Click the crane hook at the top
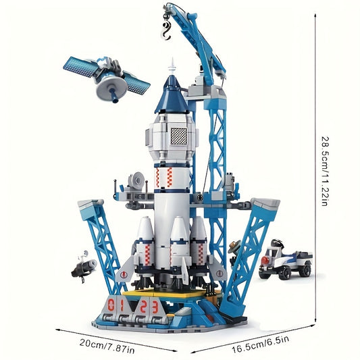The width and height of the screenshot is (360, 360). (x=165, y=30)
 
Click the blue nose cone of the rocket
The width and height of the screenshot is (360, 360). (x=172, y=95)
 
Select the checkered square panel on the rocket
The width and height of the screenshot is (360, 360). (x=179, y=136)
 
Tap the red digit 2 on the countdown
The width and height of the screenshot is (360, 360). (x=144, y=307)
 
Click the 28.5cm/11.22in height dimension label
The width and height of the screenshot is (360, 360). (x=326, y=172)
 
